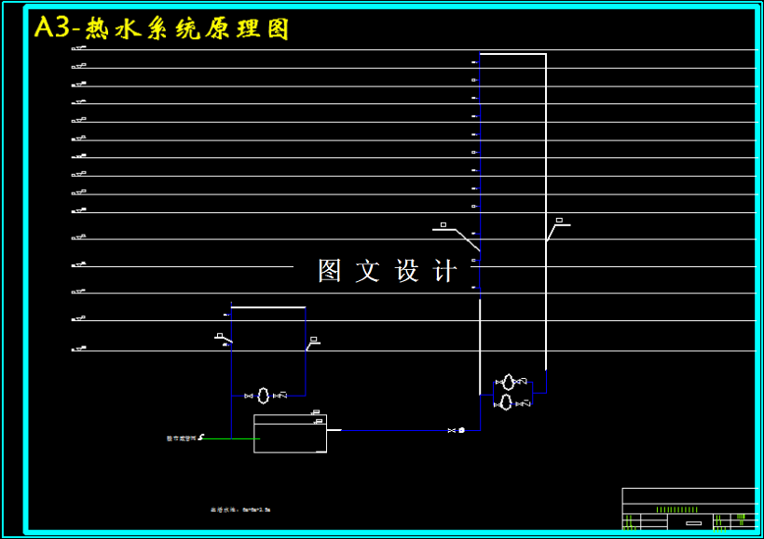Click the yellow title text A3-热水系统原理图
click(x=161, y=29)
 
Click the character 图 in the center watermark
click(x=330, y=271)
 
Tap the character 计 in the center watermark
click(x=446, y=271)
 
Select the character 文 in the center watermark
click(x=368, y=271)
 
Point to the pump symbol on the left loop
click(x=264, y=396)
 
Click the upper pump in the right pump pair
click(x=508, y=382)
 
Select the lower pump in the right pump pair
click(x=505, y=402)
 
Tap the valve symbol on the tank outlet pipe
click(x=451, y=430)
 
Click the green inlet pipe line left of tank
click(x=228, y=438)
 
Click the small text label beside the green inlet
click(x=181, y=438)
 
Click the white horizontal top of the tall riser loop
click(x=512, y=54)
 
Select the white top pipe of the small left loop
click(x=267, y=306)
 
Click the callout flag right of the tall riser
click(x=560, y=222)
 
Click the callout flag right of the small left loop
click(x=314, y=340)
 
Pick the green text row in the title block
click(x=676, y=509)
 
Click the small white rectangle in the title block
click(x=693, y=523)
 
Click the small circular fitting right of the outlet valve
click(x=461, y=430)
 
